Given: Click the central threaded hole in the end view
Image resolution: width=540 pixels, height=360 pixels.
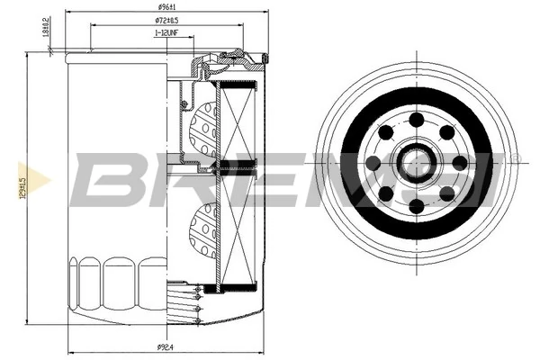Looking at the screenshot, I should click(x=417, y=164).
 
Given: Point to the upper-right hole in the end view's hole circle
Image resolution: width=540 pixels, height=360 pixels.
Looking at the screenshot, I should click(x=447, y=133).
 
